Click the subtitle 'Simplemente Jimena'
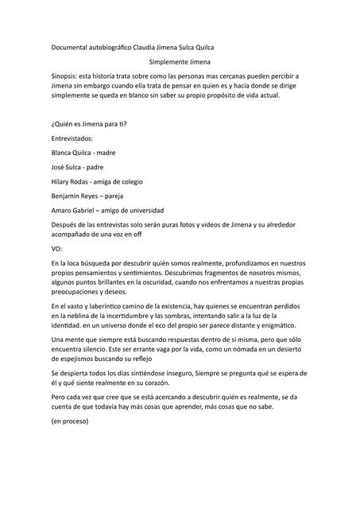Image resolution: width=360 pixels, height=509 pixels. [180, 60]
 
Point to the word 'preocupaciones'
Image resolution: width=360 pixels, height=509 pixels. [80, 292]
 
